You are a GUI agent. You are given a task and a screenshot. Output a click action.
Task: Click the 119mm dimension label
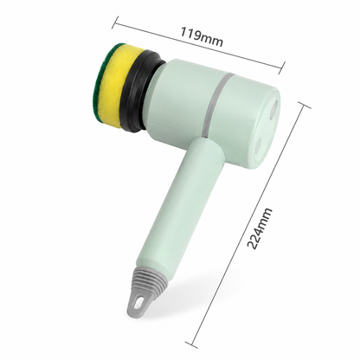click(x=202, y=37)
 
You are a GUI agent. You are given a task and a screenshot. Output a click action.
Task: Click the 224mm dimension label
click(x=260, y=228)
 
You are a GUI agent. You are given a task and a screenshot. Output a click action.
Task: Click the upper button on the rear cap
click(x=273, y=109)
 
